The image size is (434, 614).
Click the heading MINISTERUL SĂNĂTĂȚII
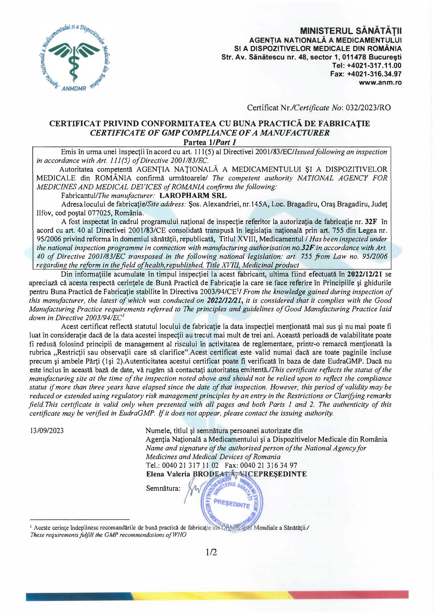(351, 31)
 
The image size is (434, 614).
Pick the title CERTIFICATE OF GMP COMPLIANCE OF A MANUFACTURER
(210, 133)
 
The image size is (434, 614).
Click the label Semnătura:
(163, 489)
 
